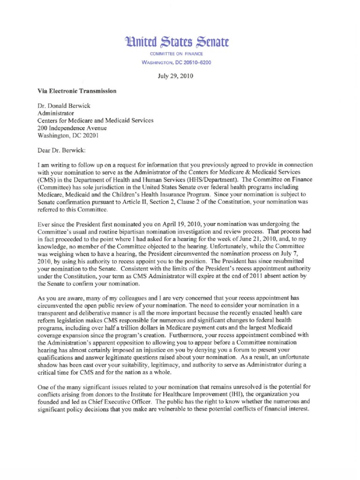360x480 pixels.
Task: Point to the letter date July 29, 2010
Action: click(x=180, y=76)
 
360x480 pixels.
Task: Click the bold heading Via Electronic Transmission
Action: click(x=76, y=91)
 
